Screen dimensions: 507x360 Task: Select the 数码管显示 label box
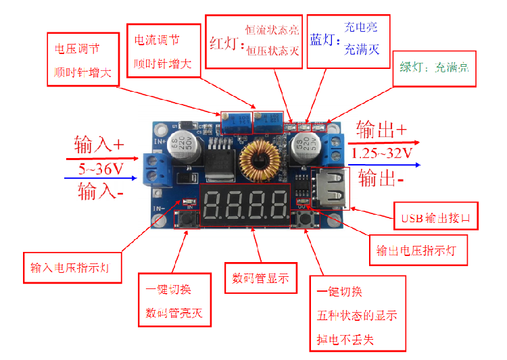pyautogui.click(x=260, y=278)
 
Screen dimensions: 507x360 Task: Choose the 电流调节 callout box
pyautogui.click(x=164, y=52)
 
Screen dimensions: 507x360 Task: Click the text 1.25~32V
pyautogui.click(x=382, y=153)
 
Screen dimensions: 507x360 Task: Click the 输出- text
pyautogui.click(x=381, y=178)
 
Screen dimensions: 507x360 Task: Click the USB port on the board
pyautogui.click(x=330, y=192)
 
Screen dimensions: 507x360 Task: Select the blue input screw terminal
pyautogui.click(x=160, y=169)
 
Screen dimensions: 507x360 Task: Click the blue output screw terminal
pyautogui.click(x=332, y=148)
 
